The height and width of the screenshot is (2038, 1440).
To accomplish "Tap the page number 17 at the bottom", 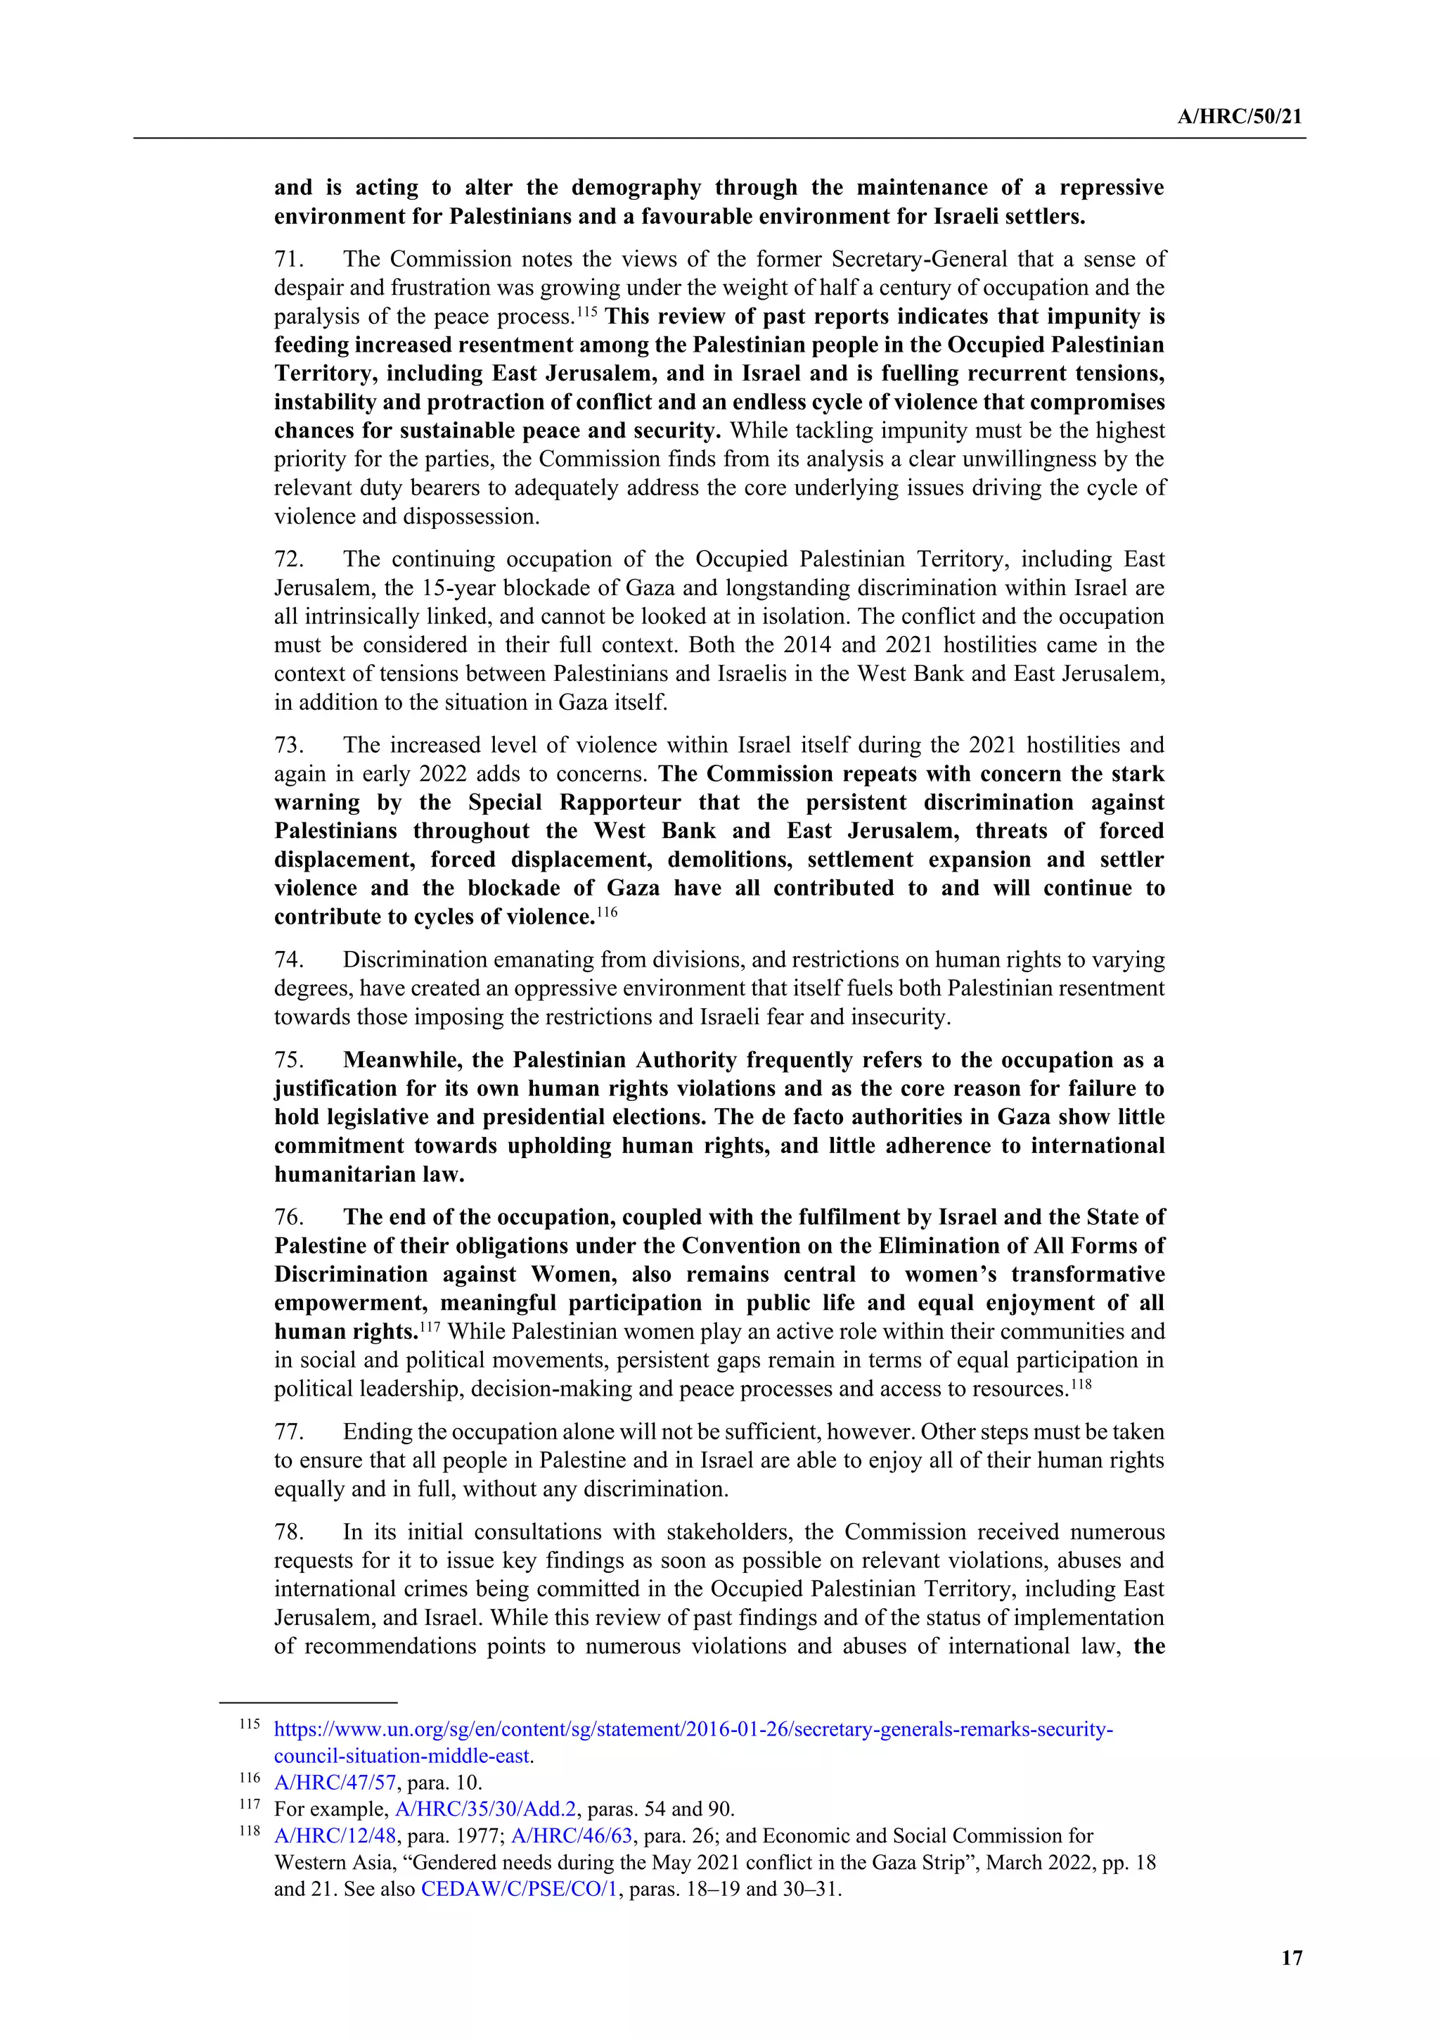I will click(1292, 1957).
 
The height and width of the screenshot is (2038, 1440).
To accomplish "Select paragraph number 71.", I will click(288, 259).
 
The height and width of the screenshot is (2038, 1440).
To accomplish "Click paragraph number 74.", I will click(288, 960).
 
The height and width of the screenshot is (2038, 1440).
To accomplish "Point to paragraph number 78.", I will click(288, 1532).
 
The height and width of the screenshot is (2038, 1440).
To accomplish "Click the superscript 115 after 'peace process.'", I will click(587, 311).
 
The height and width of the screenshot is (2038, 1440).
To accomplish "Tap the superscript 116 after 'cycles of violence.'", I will click(607, 911).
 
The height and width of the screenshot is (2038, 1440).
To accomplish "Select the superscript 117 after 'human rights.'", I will click(430, 1326).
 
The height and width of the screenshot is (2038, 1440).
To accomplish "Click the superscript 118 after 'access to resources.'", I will click(1081, 1383).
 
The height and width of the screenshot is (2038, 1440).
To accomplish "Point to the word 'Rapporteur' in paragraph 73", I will click(619, 803).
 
